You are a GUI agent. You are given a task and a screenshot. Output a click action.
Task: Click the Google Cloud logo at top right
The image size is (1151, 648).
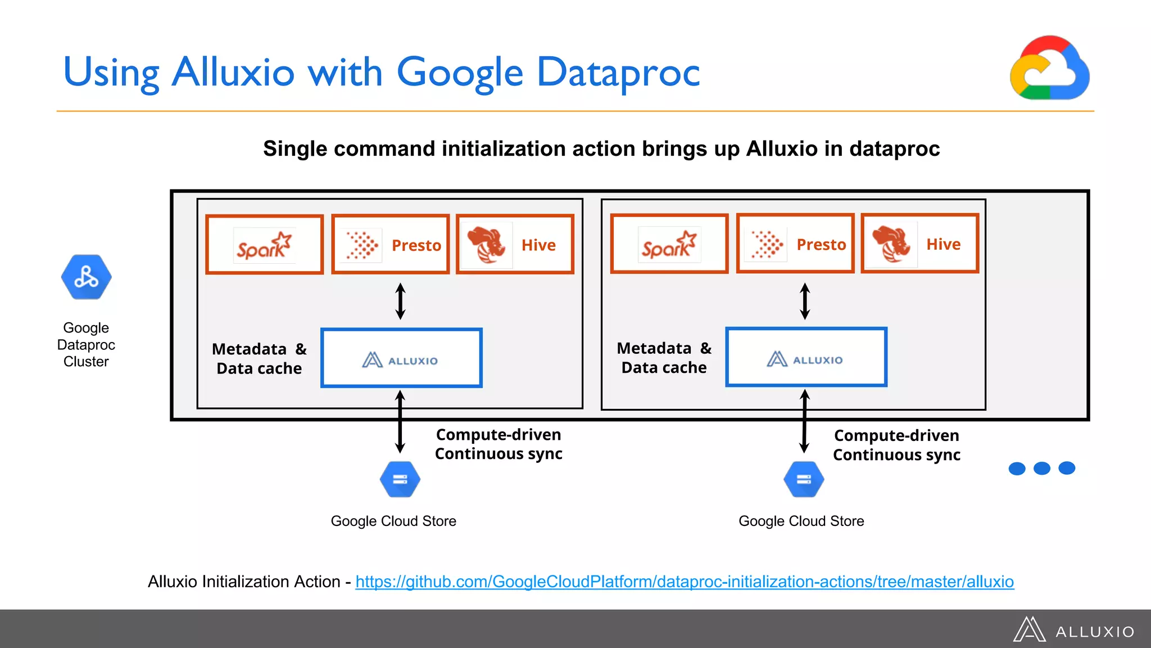pyautogui.click(x=1049, y=68)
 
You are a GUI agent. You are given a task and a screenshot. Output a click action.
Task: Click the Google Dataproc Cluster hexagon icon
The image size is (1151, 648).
pyautogui.click(x=86, y=277)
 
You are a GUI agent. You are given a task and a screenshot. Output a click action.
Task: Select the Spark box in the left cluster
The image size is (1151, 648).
pyautogui.click(x=264, y=245)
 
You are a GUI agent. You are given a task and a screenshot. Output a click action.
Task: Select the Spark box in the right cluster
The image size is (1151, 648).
pyautogui.click(x=669, y=244)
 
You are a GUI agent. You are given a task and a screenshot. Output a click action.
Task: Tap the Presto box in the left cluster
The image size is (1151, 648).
pyautogui.click(x=391, y=245)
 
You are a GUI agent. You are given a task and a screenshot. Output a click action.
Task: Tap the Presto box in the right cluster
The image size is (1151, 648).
pyautogui.click(x=795, y=244)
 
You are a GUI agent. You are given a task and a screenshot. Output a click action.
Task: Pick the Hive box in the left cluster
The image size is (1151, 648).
pyautogui.click(x=515, y=245)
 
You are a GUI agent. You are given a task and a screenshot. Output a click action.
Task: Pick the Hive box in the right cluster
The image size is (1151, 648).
pyautogui.click(x=920, y=244)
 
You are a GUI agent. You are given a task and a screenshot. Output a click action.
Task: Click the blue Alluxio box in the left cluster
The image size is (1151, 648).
pyautogui.click(x=401, y=358)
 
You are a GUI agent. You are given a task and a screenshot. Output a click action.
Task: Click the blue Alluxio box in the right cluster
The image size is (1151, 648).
pyautogui.click(x=806, y=357)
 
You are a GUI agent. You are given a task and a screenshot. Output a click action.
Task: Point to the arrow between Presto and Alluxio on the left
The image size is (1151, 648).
pyautogui.click(x=400, y=301)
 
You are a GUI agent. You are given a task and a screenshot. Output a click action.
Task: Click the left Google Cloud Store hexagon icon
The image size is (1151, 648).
pyautogui.click(x=400, y=479)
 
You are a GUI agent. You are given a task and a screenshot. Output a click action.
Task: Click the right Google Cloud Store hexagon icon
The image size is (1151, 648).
pyautogui.click(x=804, y=479)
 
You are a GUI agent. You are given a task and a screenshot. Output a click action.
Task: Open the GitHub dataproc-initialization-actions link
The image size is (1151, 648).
pyautogui.click(x=684, y=582)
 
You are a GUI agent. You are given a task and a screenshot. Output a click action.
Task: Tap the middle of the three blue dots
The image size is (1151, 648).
pyautogui.click(x=1041, y=468)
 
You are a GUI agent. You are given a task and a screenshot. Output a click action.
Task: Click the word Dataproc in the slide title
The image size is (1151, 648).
pyautogui.click(x=618, y=72)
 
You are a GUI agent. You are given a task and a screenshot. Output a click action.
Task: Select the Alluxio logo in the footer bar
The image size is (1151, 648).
pyautogui.click(x=1074, y=630)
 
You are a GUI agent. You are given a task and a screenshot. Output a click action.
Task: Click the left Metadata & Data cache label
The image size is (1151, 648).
pyautogui.click(x=259, y=358)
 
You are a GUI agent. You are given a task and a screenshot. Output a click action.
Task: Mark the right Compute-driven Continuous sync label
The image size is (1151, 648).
pyautogui.click(x=896, y=445)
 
